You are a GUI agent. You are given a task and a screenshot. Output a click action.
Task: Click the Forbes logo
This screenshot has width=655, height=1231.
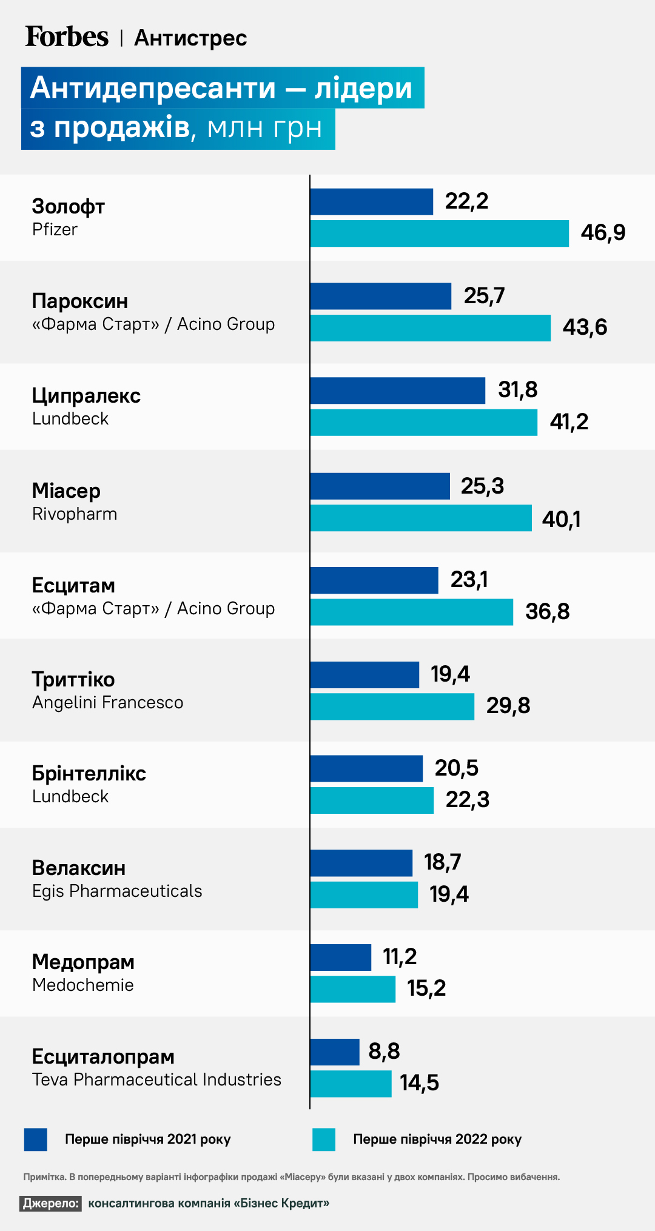(x=67, y=37)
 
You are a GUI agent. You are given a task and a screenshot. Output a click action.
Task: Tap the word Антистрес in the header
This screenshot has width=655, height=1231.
(x=190, y=38)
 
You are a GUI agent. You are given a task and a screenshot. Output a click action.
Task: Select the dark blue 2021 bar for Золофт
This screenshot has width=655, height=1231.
(x=371, y=202)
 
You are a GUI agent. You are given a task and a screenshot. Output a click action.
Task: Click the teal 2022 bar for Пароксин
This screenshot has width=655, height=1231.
(x=430, y=328)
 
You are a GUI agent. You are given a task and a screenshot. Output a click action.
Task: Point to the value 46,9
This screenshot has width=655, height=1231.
(x=603, y=233)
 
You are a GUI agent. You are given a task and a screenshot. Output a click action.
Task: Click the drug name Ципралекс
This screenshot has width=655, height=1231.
(x=86, y=396)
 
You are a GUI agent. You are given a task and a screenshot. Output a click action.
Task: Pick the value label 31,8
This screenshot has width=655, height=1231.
(x=517, y=390)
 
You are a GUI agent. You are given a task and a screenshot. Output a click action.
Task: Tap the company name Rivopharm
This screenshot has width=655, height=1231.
(x=75, y=514)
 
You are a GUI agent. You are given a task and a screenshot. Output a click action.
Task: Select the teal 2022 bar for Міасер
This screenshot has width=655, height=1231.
(x=421, y=518)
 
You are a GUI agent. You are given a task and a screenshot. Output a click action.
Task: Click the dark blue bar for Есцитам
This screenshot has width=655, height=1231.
(x=374, y=580)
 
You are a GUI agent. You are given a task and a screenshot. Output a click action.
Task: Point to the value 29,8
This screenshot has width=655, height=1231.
(x=508, y=706)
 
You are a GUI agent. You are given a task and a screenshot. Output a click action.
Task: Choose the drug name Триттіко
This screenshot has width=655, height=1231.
(x=73, y=680)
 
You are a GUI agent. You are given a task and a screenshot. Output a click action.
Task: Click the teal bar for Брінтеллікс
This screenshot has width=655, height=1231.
(x=372, y=800)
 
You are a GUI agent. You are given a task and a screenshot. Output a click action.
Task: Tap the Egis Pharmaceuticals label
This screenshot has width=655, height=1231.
(x=117, y=891)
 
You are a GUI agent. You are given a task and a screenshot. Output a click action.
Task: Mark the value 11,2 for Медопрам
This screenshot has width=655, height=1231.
(x=400, y=957)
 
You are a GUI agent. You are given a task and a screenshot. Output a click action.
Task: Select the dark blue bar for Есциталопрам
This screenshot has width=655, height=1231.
(x=335, y=1052)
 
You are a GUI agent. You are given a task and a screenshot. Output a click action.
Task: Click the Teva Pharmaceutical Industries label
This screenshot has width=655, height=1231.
(x=156, y=1080)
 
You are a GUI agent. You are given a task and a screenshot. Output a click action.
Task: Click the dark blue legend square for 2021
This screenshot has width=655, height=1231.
(x=36, y=1139)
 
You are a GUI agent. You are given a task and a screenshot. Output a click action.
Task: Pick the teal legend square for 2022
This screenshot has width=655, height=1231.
(x=324, y=1139)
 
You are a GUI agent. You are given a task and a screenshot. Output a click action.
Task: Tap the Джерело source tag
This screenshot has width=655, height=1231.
(x=51, y=1204)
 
